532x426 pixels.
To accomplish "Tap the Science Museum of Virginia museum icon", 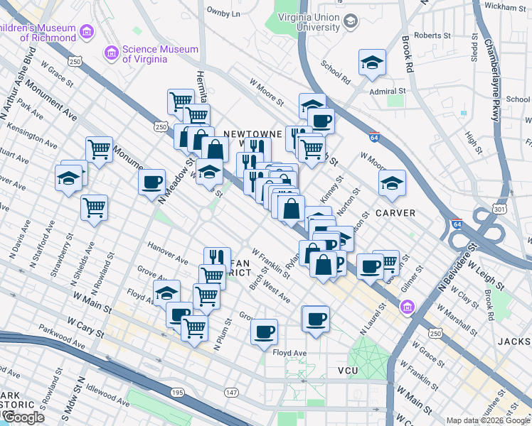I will [x=111, y=53].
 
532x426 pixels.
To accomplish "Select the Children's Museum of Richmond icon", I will [x=87, y=32].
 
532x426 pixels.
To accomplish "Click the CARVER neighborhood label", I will [x=395, y=213].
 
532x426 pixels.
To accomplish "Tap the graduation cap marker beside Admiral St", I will [x=372, y=64].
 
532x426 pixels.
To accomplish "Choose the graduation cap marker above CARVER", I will [x=392, y=184].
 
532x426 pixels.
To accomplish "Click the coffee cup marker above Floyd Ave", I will [x=264, y=332].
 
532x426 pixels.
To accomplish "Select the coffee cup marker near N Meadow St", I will [x=151, y=183].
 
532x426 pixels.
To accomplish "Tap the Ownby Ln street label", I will [x=223, y=12].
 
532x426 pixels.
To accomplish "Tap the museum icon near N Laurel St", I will [x=407, y=307].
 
